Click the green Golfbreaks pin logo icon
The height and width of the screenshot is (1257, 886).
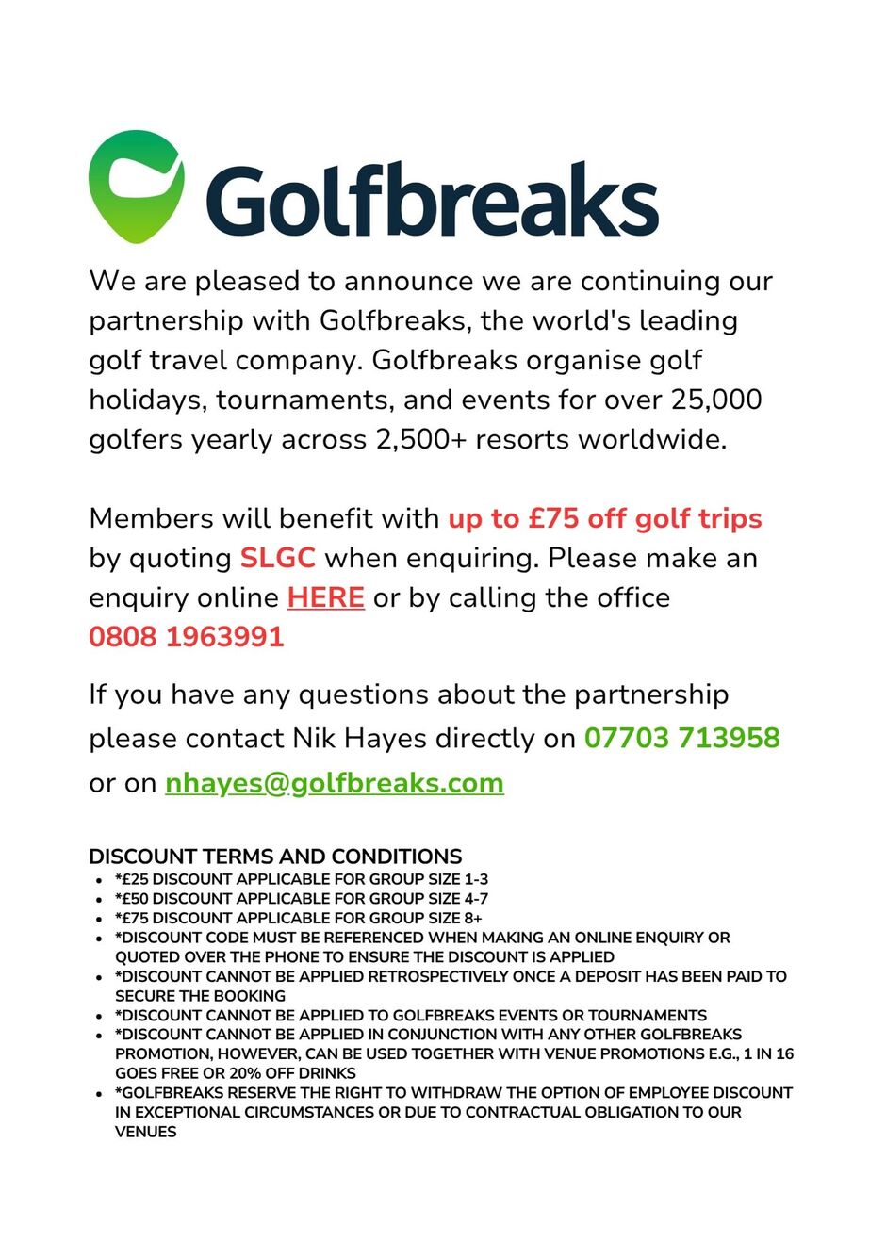136,186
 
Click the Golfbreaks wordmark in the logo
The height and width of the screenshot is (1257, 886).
432,200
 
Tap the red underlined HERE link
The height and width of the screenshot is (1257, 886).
325,597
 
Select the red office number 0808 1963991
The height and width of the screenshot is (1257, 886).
186,637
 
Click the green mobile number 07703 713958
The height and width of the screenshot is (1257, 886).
681,737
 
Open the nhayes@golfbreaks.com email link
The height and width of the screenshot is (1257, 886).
334,783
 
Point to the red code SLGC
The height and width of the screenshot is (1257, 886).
277,558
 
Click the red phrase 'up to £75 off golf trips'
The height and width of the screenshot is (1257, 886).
604,518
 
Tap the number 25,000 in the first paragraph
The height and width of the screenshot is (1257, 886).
715,400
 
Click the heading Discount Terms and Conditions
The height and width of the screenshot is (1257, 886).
275,857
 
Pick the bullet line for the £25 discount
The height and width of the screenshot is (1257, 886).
302,879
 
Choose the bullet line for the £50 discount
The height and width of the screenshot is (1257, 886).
302,899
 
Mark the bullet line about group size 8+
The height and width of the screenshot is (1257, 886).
299,918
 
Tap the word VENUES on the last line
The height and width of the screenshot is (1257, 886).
146,1132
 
